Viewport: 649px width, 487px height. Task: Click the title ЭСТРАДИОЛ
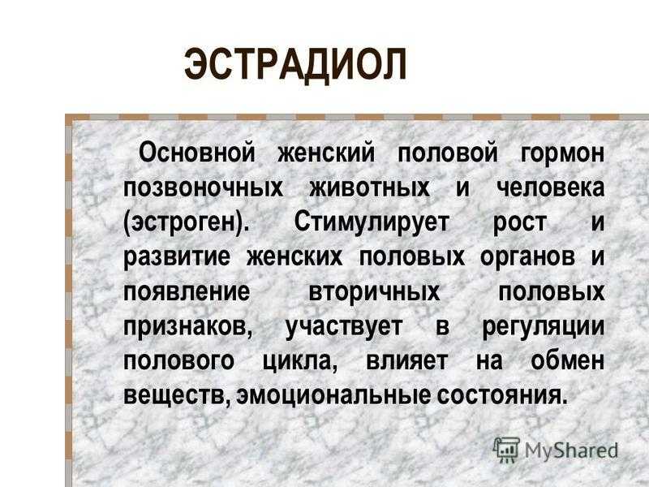pyautogui.click(x=295, y=65)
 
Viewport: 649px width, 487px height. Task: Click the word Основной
pyautogui.click(x=197, y=153)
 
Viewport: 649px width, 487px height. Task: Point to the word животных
pyautogui.click(x=370, y=188)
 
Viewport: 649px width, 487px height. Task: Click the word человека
pyautogui.click(x=551, y=188)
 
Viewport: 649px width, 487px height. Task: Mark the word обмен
pyautogui.click(x=567, y=360)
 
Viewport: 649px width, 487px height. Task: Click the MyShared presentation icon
pyautogui.click(x=506, y=450)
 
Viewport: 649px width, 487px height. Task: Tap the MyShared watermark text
pyautogui.click(x=572, y=450)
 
